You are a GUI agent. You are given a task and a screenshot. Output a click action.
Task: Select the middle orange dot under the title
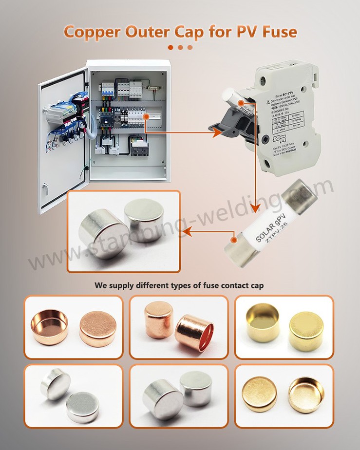pos(180,47)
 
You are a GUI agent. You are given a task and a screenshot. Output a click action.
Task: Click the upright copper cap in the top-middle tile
pos(159,319)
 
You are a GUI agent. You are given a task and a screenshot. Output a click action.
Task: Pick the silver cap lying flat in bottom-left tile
pos(83,407)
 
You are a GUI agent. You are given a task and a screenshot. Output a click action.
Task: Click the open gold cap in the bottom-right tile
pos(306,394)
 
